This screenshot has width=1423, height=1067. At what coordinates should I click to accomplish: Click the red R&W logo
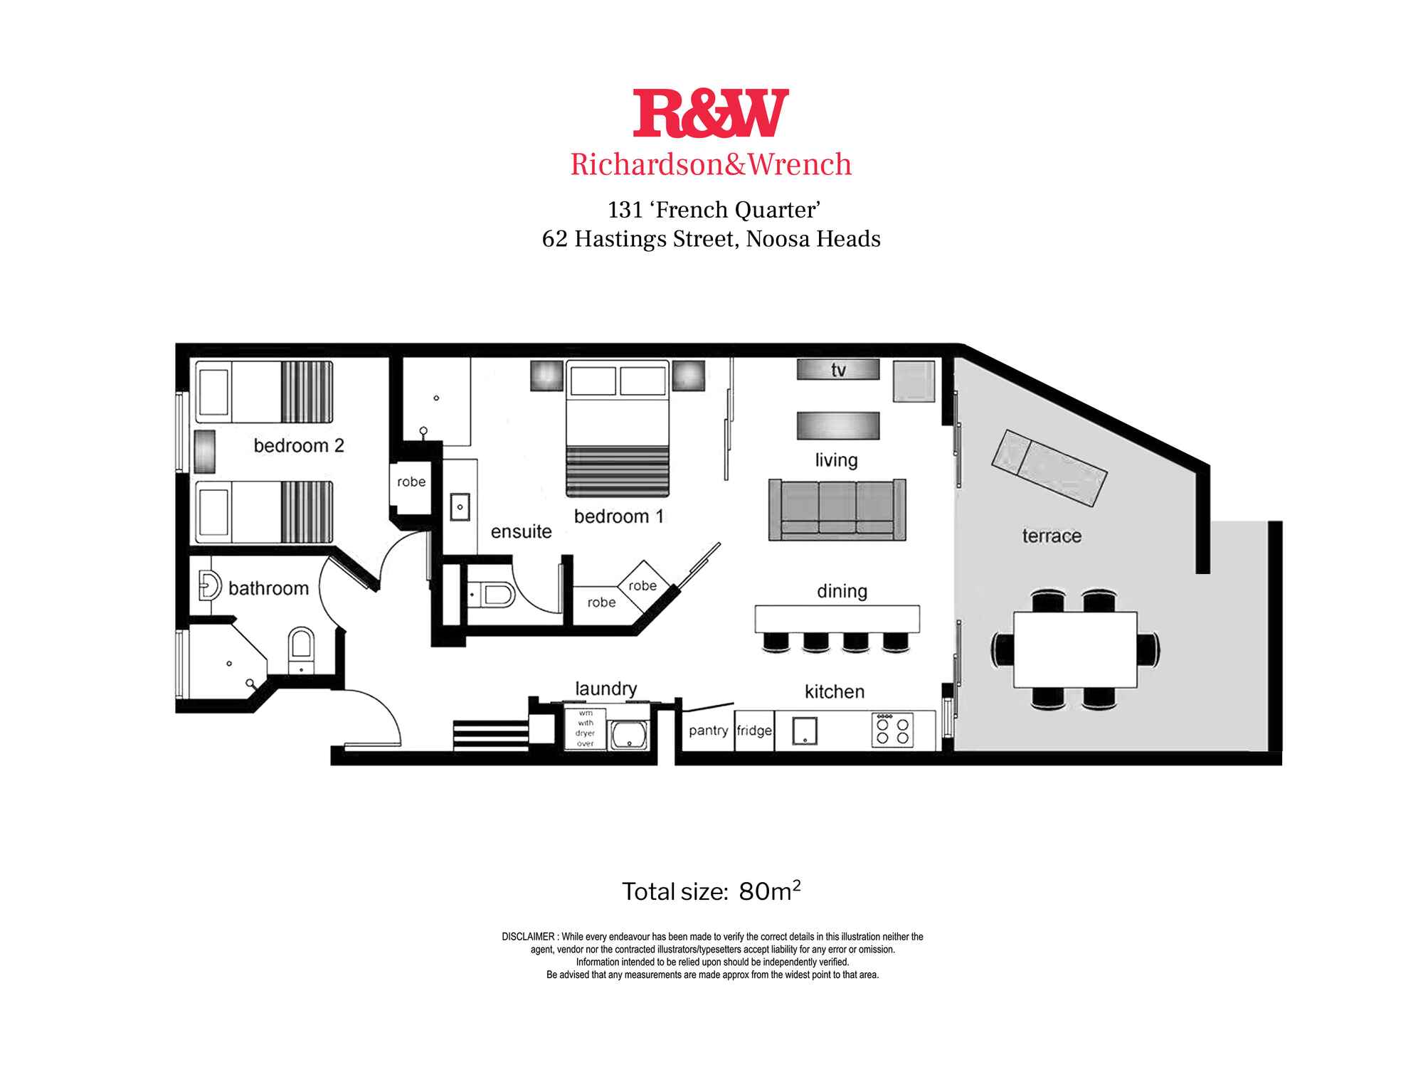(x=711, y=113)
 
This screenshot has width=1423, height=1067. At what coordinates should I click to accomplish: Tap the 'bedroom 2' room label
(x=299, y=446)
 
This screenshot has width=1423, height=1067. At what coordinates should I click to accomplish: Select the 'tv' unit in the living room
(x=838, y=370)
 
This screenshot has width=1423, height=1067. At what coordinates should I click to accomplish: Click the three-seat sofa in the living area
(x=837, y=509)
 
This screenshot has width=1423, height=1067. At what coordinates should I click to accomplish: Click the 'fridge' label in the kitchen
(x=754, y=731)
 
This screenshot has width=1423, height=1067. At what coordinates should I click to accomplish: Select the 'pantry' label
(x=708, y=731)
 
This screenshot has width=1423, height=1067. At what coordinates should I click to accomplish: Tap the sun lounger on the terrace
(x=1049, y=468)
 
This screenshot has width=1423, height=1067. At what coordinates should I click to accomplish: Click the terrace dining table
(x=1075, y=649)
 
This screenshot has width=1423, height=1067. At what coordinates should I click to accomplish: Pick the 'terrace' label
(x=1052, y=536)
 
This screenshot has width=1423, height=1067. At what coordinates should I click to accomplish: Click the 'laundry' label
(x=605, y=689)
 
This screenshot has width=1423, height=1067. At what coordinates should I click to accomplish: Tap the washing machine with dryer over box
(x=585, y=728)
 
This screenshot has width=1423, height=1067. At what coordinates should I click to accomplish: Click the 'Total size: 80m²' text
(x=711, y=891)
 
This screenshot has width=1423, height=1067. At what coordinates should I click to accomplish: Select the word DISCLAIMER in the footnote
(x=528, y=937)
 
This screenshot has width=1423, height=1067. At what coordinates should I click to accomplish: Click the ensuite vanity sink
(x=460, y=507)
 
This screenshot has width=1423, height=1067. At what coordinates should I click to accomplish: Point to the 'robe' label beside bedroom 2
(x=411, y=482)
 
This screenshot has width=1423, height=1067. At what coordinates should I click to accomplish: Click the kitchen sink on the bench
(x=805, y=731)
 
